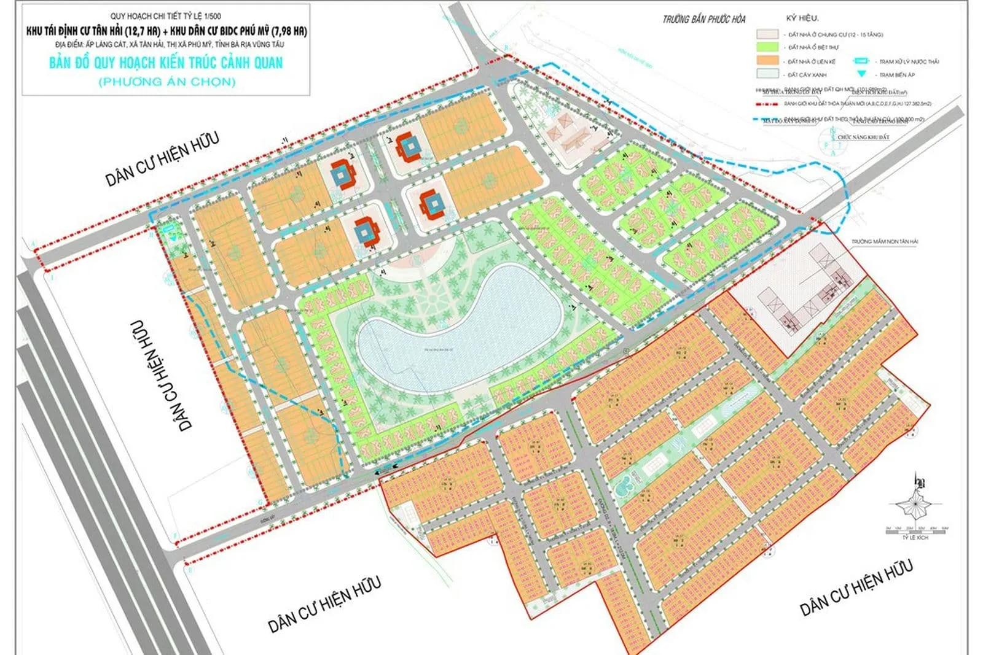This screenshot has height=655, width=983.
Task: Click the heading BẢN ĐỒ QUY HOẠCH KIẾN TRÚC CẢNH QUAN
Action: (166, 63)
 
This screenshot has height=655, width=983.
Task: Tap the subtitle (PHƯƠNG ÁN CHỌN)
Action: (166, 82)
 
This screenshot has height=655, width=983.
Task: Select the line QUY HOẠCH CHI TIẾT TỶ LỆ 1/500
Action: (166, 16)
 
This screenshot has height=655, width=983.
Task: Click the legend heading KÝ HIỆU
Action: (802, 18)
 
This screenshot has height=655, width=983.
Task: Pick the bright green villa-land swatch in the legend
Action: (767, 47)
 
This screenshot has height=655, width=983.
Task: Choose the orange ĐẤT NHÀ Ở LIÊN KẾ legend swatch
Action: (767, 61)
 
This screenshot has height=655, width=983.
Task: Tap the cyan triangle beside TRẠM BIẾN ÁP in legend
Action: (861, 74)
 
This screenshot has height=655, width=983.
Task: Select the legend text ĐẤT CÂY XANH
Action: (807, 74)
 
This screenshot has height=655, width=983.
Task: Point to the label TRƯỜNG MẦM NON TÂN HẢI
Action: (884, 242)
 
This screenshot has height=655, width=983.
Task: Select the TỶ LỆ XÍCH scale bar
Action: (915, 529)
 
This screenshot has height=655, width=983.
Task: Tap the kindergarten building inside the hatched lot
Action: (805, 301)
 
